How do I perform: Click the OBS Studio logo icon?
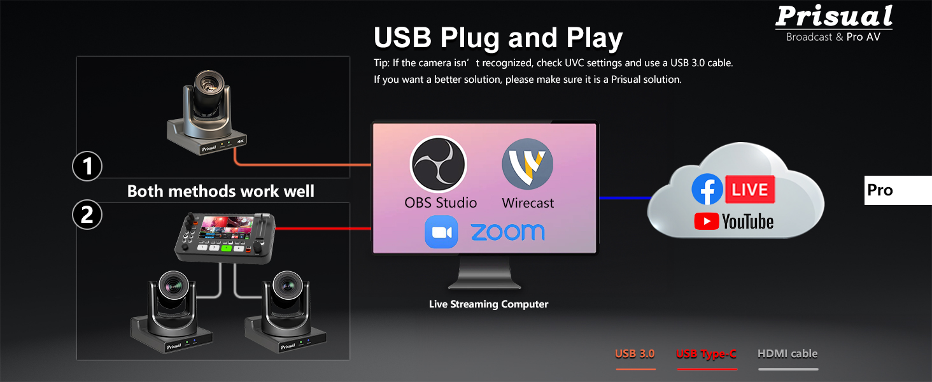[x=439, y=164]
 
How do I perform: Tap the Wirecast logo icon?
[x=527, y=164]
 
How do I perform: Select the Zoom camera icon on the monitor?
[x=441, y=232]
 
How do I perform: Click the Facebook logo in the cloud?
[x=707, y=189]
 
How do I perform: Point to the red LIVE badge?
[x=750, y=189]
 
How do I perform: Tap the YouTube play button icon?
[x=707, y=222]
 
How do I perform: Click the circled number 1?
[x=87, y=166]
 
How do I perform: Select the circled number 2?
[x=87, y=215]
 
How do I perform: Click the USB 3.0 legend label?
[x=635, y=353]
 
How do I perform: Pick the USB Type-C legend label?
[x=706, y=354]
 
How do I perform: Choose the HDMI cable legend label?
[x=787, y=353]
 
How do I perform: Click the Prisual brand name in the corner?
[x=834, y=16]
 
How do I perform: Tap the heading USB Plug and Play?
[x=498, y=38]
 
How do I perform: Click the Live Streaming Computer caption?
[x=488, y=304]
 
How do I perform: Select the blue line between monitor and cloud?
[x=624, y=198]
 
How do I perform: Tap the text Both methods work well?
[x=221, y=191]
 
